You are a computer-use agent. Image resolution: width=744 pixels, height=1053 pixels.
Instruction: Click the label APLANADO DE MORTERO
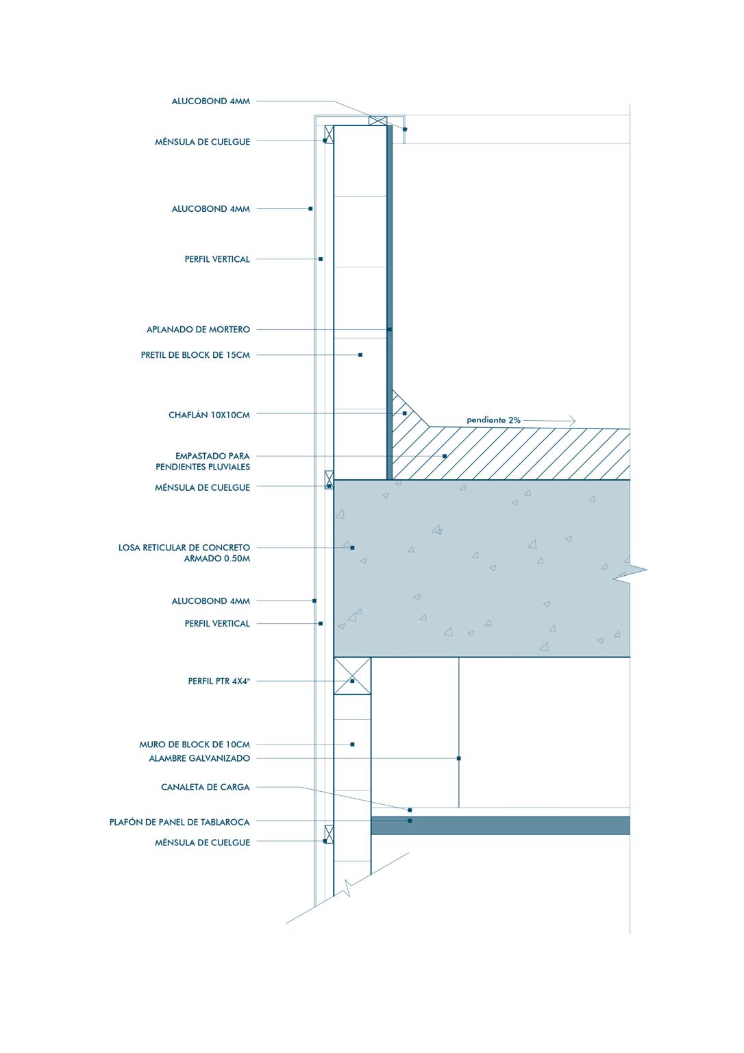pos(198,330)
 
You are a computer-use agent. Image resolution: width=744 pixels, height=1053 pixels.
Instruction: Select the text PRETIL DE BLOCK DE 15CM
pos(195,355)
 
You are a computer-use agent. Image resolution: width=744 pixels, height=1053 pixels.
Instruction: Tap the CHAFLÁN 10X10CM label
pos(209,415)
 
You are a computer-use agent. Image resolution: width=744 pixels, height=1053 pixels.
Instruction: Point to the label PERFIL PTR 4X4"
pos(219,681)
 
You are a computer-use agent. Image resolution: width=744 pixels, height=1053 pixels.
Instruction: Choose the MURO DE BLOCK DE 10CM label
pos(195,745)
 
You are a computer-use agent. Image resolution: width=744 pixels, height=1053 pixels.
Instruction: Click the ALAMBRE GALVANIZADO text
pos(199,759)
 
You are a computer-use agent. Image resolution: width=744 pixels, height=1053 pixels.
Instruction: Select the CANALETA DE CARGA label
pos(206,788)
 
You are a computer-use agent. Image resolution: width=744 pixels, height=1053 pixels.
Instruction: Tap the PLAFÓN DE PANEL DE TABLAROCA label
pos(179,822)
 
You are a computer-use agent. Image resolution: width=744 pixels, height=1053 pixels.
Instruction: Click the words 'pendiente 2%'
pos(493,420)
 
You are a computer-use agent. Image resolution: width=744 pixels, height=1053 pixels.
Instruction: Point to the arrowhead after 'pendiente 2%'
pos(572,420)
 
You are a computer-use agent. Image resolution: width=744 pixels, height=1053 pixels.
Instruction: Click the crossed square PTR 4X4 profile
pos(352,676)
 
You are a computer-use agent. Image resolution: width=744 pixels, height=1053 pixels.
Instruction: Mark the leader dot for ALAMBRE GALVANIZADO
pos(459,758)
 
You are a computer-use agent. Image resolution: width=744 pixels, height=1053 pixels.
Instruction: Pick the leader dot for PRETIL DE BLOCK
pos(360,355)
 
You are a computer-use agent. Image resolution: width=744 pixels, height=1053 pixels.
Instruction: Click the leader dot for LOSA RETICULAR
pos(352,548)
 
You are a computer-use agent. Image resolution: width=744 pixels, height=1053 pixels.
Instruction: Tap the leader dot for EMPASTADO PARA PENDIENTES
pos(445,456)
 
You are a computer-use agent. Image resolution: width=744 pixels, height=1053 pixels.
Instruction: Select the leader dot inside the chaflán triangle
pos(405,413)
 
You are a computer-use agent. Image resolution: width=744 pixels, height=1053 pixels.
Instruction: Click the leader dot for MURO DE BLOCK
pos(352,745)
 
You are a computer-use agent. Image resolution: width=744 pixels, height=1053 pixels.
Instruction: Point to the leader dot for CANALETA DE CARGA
pos(410,810)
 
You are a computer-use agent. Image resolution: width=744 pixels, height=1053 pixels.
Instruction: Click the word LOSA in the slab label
pos(129,548)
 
